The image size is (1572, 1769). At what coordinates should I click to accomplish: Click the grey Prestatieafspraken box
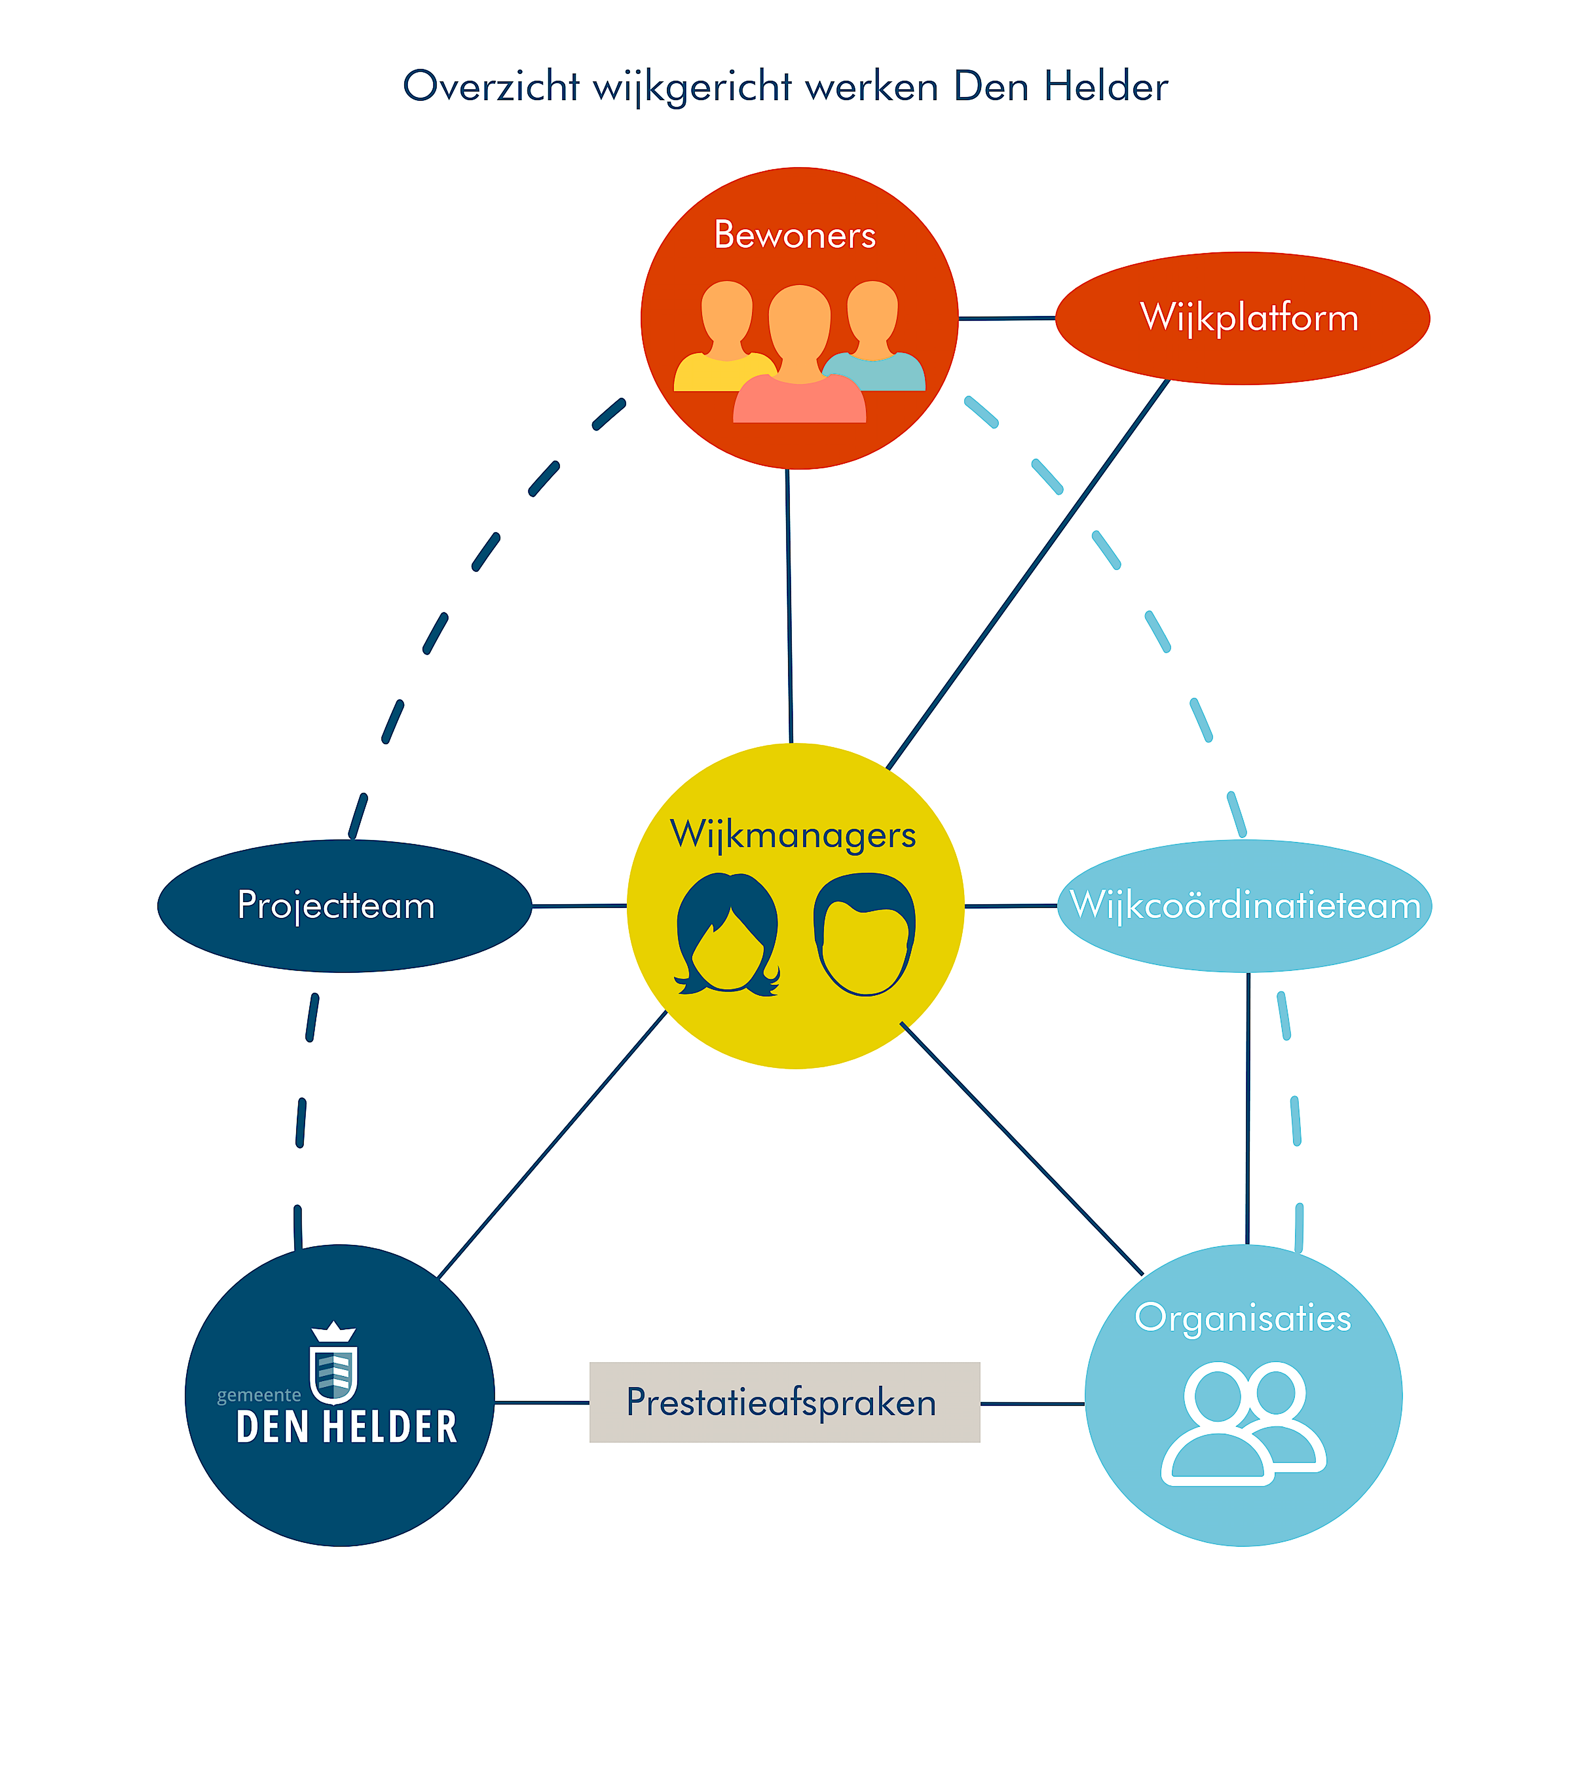click(x=784, y=1402)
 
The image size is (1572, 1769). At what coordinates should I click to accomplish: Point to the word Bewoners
click(x=794, y=235)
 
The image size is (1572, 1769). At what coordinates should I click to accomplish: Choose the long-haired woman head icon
click(x=727, y=935)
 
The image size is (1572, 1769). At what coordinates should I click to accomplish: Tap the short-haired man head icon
click(x=863, y=935)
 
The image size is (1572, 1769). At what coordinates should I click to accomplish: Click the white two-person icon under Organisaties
click(x=1242, y=1424)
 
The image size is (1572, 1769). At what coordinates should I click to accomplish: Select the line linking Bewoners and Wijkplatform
click(x=1006, y=319)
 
